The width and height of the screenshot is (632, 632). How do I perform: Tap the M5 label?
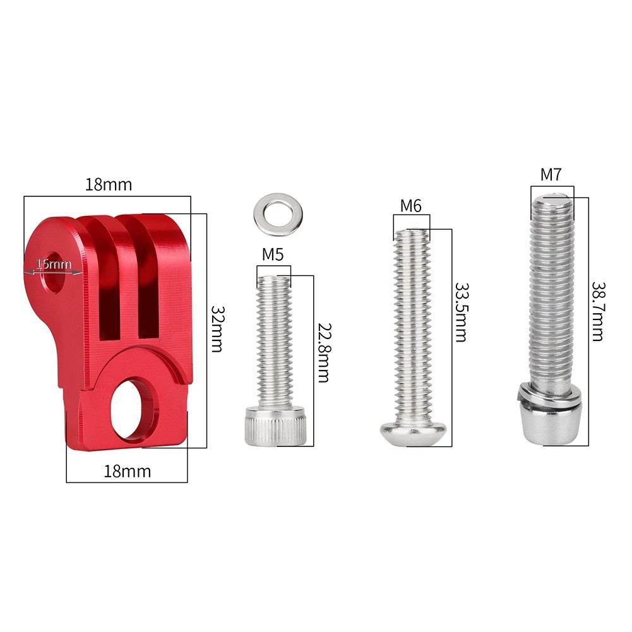(273, 254)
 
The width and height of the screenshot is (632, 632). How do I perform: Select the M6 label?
(411, 206)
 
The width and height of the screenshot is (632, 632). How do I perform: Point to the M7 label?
(551, 174)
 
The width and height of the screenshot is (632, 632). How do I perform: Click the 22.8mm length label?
(324, 352)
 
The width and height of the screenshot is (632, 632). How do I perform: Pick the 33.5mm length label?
(462, 312)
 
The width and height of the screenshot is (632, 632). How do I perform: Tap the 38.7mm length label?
(598, 311)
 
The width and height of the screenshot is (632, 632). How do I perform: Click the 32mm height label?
(217, 329)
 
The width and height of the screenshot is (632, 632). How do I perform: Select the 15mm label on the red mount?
(54, 265)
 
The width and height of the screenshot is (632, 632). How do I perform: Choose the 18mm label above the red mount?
(109, 184)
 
